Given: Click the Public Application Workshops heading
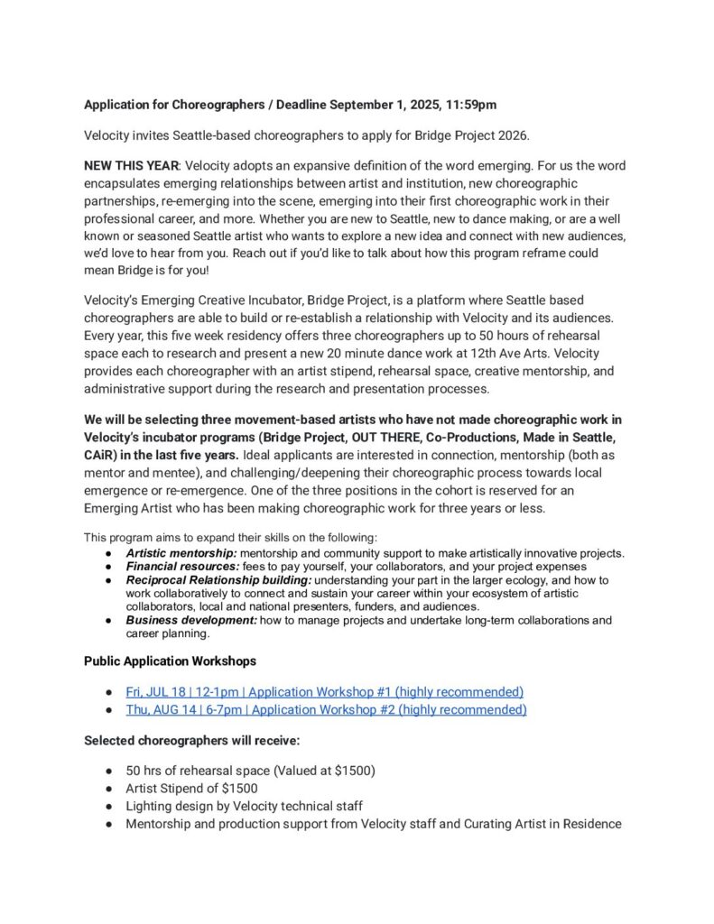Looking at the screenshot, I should pyautogui.click(x=170, y=661).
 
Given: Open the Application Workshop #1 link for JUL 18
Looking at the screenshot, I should pyautogui.click(x=325, y=692).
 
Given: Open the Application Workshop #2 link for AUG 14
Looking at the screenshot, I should pyautogui.click(x=326, y=710).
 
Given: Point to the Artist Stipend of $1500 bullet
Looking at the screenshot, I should pyautogui.click(x=191, y=789).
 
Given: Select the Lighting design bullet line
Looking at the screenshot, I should pyautogui.click(x=244, y=806).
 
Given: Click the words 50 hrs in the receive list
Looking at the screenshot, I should pyautogui.click(x=145, y=771).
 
